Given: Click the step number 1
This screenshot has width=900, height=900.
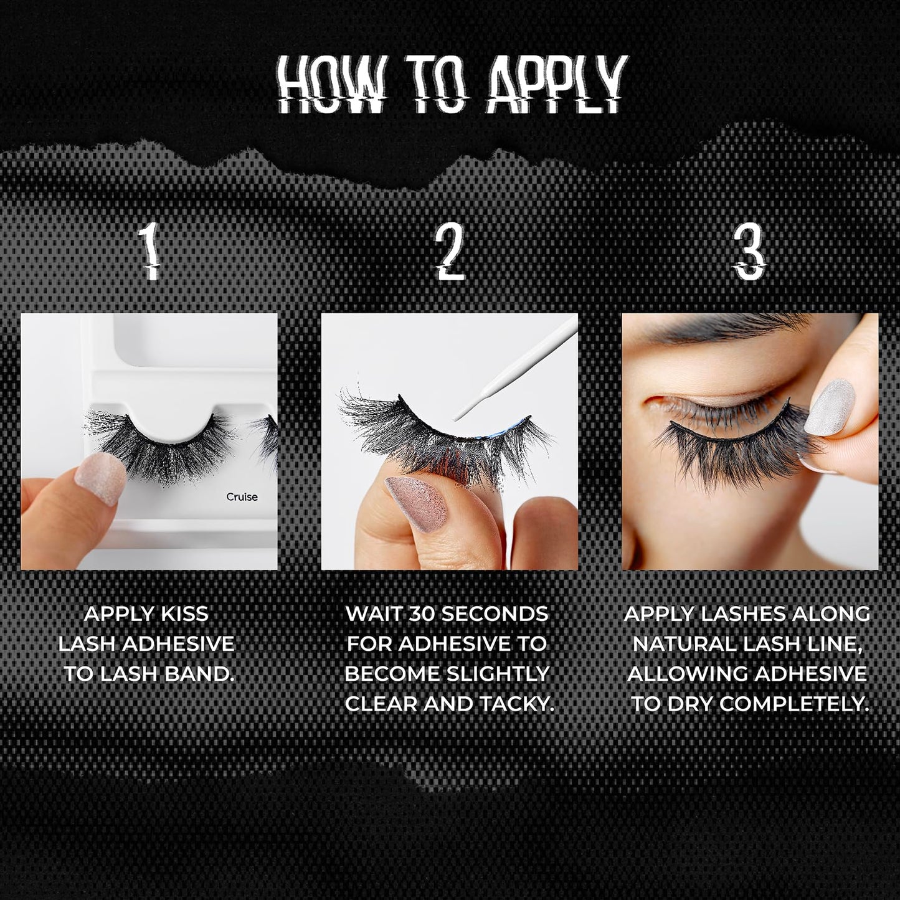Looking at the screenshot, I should click(149, 252).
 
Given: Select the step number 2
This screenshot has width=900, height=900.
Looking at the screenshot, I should click(450, 252).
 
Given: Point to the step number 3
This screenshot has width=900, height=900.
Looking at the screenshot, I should click(750, 252).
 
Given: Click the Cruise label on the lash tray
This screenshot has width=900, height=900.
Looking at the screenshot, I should click(242, 497).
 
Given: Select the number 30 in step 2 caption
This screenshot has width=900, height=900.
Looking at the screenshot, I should click(422, 614).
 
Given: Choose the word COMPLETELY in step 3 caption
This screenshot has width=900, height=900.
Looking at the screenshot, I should click(794, 704).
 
